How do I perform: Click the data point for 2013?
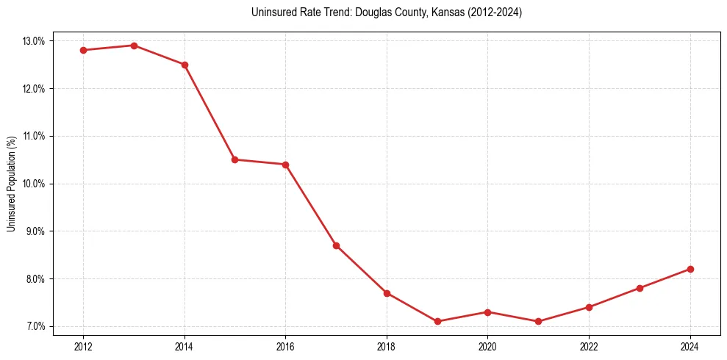point(134,46)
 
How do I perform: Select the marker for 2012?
point(83,50)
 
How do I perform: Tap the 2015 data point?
point(235,159)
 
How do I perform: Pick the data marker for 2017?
point(336,245)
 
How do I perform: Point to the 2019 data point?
point(437,321)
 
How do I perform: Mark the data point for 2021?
point(539,321)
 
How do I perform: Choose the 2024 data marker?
point(690,269)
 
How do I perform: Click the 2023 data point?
point(640,288)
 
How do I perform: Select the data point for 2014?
point(185,65)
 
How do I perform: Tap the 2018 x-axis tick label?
point(387,346)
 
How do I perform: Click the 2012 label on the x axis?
point(83,346)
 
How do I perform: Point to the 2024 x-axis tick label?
point(690,346)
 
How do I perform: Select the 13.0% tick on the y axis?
point(34,41)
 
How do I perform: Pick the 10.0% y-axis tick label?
point(34,184)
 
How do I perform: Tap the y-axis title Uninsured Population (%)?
point(12,184)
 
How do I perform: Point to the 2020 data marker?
point(488,312)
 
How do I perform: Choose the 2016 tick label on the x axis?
point(285,346)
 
